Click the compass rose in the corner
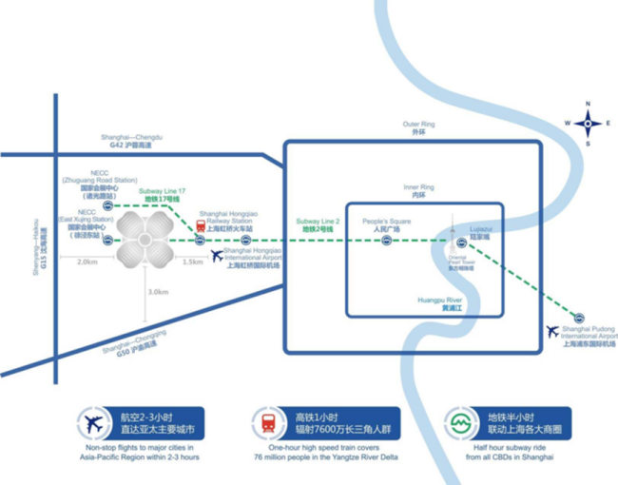coord(589,123)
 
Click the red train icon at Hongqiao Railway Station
coord(201,227)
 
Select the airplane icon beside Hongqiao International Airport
coord(217,255)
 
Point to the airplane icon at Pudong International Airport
coord(552,331)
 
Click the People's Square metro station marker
coord(386,240)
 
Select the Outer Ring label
coord(418,128)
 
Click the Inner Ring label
coord(418,191)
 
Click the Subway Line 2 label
coord(317,224)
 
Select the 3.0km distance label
coord(159,292)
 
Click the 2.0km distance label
coord(87,262)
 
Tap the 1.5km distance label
coord(193,262)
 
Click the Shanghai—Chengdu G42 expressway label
coord(131,141)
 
